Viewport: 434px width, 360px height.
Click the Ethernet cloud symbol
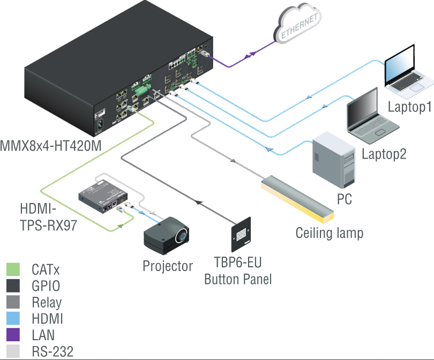pos(299,24)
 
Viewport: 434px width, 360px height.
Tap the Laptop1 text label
pos(409,107)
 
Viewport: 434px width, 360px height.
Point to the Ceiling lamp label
pos(330,233)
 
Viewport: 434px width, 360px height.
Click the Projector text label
pos(168,266)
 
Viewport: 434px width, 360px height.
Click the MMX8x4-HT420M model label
pos(50,145)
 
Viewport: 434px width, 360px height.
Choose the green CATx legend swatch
pos(13,269)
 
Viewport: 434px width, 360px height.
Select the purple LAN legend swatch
pos(13,335)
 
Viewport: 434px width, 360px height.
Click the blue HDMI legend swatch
pos(13,319)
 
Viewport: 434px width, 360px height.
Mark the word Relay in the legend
pos(47,302)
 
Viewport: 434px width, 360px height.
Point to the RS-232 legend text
pos(52,352)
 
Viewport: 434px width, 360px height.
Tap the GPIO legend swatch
pos(13,286)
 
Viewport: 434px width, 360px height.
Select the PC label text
pos(344,199)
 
